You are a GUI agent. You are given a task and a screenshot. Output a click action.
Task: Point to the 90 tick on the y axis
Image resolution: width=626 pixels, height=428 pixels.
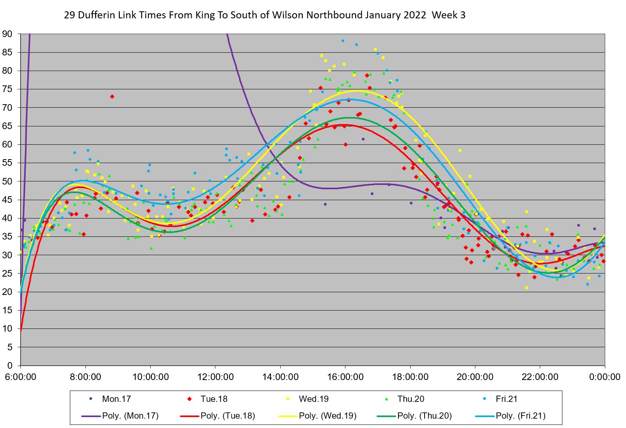coord(8,34)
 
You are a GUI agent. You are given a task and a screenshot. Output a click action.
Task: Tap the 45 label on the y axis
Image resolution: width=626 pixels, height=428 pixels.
coord(8,200)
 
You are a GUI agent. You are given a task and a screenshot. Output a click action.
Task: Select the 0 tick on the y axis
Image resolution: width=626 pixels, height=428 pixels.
coord(10,366)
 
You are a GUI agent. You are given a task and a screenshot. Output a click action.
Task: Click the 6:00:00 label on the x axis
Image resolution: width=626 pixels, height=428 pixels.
coord(20,377)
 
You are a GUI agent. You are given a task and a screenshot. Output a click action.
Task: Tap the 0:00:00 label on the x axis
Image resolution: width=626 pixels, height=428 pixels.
coord(605,377)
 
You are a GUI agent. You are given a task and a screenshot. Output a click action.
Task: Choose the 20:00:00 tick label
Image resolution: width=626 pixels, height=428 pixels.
coord(475,377)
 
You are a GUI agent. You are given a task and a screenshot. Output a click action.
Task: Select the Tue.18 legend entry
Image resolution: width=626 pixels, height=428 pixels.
coord(214,399)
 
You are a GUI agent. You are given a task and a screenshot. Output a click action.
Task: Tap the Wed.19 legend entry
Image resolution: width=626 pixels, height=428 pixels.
coord(313,399)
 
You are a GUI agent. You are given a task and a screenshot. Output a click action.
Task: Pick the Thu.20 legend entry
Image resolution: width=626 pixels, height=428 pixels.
coord(411,399)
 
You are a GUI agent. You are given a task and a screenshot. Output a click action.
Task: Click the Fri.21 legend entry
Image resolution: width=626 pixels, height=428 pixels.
coord(507,399)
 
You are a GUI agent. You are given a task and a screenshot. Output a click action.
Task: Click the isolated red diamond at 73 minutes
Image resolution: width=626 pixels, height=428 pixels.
coord(112,96)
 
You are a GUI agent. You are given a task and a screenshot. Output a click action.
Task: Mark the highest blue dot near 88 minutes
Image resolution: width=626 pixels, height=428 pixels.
coord(343,41)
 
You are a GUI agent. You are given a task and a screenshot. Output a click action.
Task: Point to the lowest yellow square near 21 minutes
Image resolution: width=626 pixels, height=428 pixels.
coord(526,288)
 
